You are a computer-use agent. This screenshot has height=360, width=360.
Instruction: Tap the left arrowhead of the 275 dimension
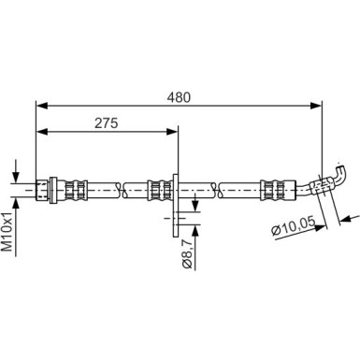40,134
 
